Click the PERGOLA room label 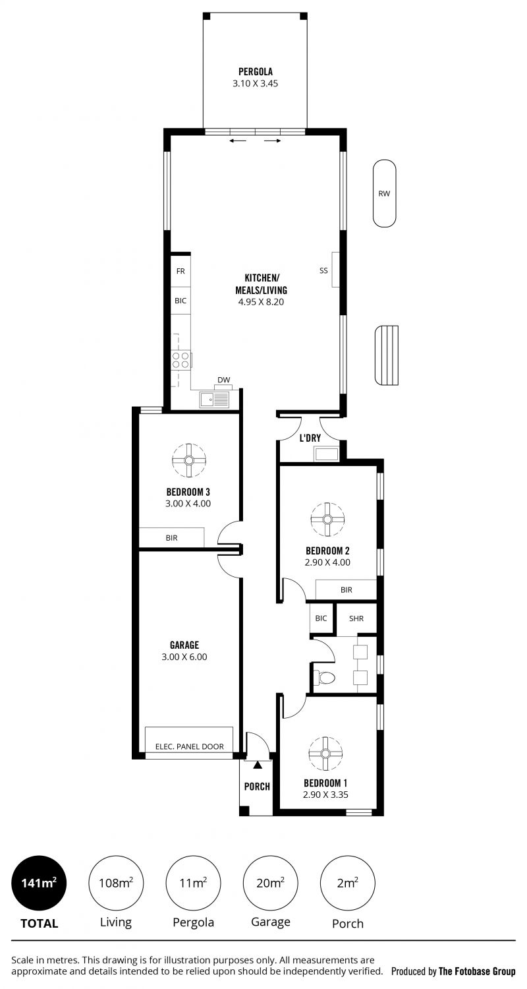(256, 71)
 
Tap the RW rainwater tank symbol (384, 193)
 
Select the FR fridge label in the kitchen (180, 271)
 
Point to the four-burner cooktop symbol (180, 359)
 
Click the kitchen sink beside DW (214, 400)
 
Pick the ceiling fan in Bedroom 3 (189, 460)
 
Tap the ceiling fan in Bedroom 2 (327, 520)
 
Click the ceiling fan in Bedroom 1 (325, 753)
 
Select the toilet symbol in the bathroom (323, 677)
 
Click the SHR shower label (356, 618)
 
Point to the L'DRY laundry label (310, 438)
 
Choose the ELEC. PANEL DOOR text (190, 746)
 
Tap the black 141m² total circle (39, 883)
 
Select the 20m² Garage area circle (270, 883)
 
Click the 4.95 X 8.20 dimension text (261, 302)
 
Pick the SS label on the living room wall (323, 270)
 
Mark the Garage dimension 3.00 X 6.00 (184, 657)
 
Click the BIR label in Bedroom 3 (171, 538)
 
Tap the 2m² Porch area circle (348, 883)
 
